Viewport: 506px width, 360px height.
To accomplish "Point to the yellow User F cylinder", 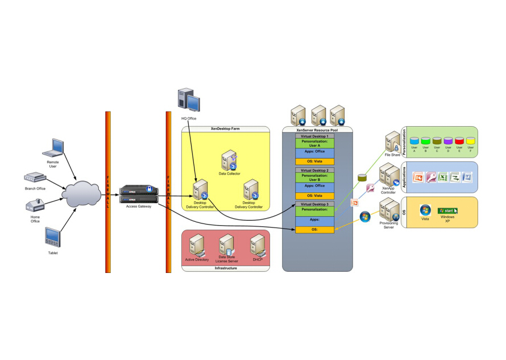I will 470,140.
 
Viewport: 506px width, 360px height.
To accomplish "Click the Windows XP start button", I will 447,210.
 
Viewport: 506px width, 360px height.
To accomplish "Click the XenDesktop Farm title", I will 225,129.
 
